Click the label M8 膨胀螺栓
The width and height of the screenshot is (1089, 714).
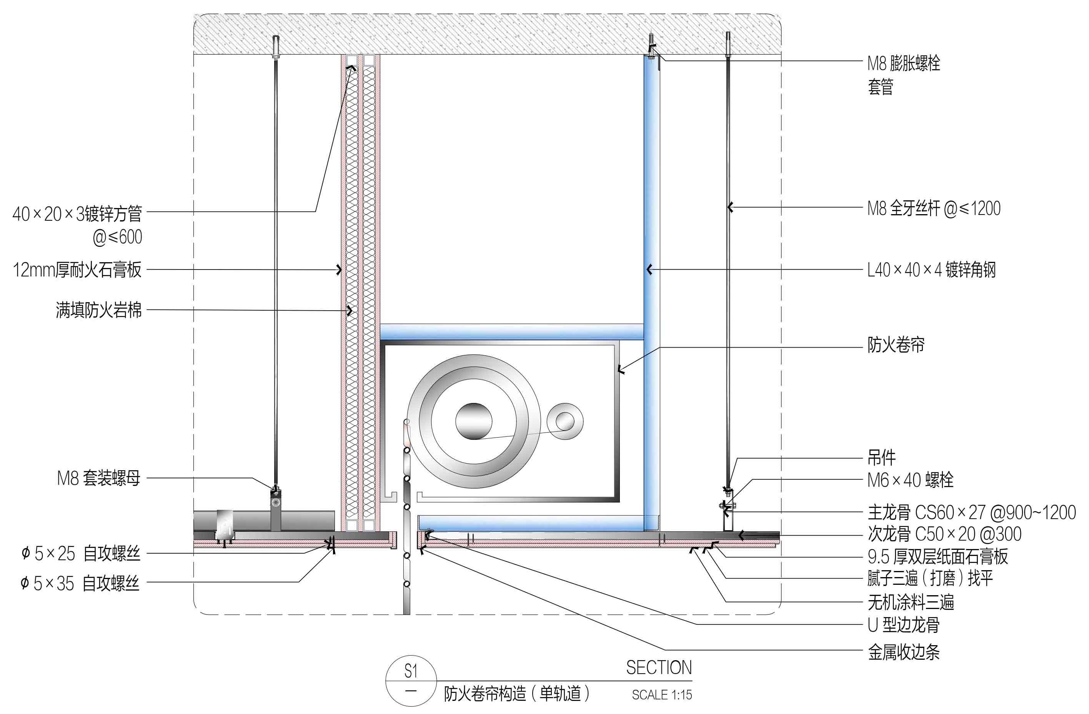[x=904, y=63]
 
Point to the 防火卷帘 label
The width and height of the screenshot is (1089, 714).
[x=896, y=345]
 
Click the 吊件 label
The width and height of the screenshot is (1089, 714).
[x=882, y=458]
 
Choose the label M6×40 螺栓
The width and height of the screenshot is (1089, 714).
[x=911, y=480]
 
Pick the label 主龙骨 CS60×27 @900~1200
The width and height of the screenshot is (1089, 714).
[x=972, y=512]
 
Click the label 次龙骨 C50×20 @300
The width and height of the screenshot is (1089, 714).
[x=944, y=534]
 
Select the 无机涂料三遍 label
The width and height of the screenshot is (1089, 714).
[x=911, y=602]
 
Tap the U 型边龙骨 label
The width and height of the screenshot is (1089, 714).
[x=904, y=625]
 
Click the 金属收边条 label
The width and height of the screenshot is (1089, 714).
[x=904, y=652]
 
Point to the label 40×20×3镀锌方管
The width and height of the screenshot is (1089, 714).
[x=77, y=214]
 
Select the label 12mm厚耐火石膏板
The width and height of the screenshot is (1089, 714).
[x=77, y=270]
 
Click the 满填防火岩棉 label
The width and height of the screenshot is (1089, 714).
[x=99, y=310]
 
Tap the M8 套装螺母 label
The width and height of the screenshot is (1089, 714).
[x=99, y=478]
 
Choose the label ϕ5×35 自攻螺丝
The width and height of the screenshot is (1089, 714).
[x=80, y=584]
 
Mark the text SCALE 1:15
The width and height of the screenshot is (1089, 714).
[x=662, y=695]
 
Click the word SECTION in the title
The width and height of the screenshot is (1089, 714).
[x=659, y=668]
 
